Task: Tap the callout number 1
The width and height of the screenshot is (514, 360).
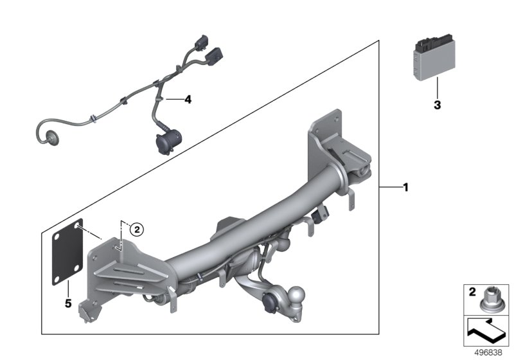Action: pyautogui.click(x=406, y=188)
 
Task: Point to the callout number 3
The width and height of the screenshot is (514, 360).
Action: pyautogui.click(x=438, y=105)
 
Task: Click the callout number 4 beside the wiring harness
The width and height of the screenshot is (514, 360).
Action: pyautogui.click(x=188, y=100)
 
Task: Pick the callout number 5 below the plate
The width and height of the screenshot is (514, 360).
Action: pyautogui.click(x=68, y=303)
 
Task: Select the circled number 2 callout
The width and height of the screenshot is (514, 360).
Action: pyautogui.click(x=137, y=230)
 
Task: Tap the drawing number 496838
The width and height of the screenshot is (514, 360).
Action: pyautogui.click(x=488, y=352)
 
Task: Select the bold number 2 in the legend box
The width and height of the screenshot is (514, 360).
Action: pyautogui.click(x=472, y=292)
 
